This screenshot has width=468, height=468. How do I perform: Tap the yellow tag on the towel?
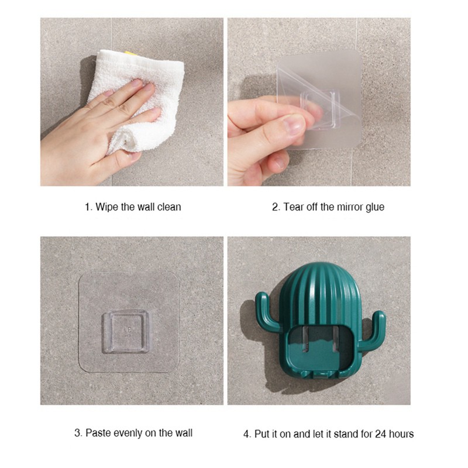(131, 53)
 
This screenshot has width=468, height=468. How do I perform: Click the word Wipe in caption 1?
(107, 207)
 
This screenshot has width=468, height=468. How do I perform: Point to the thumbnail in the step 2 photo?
(294, 124)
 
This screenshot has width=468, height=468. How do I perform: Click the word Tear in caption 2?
(293, 207)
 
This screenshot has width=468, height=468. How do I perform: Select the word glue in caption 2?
(374, 208)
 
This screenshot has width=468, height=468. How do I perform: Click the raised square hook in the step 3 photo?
(126, 332)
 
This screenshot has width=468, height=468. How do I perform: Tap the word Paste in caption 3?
(98, 433)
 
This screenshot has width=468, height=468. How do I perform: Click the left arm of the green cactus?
(267, 312)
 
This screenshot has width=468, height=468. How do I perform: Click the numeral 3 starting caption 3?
(78, 433)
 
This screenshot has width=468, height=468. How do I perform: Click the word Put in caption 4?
(261, 433)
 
